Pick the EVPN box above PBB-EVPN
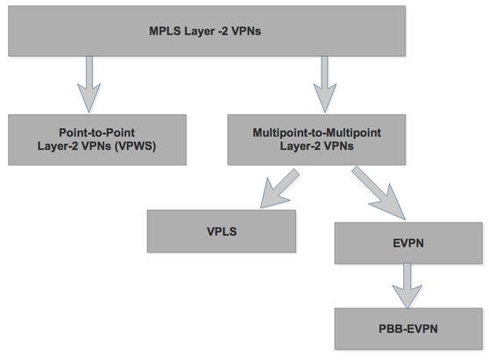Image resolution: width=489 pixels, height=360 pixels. tap(409, 241)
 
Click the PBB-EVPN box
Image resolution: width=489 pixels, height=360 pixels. tap(409, 328)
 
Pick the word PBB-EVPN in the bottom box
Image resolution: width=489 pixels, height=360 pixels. tap(409, 328)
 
